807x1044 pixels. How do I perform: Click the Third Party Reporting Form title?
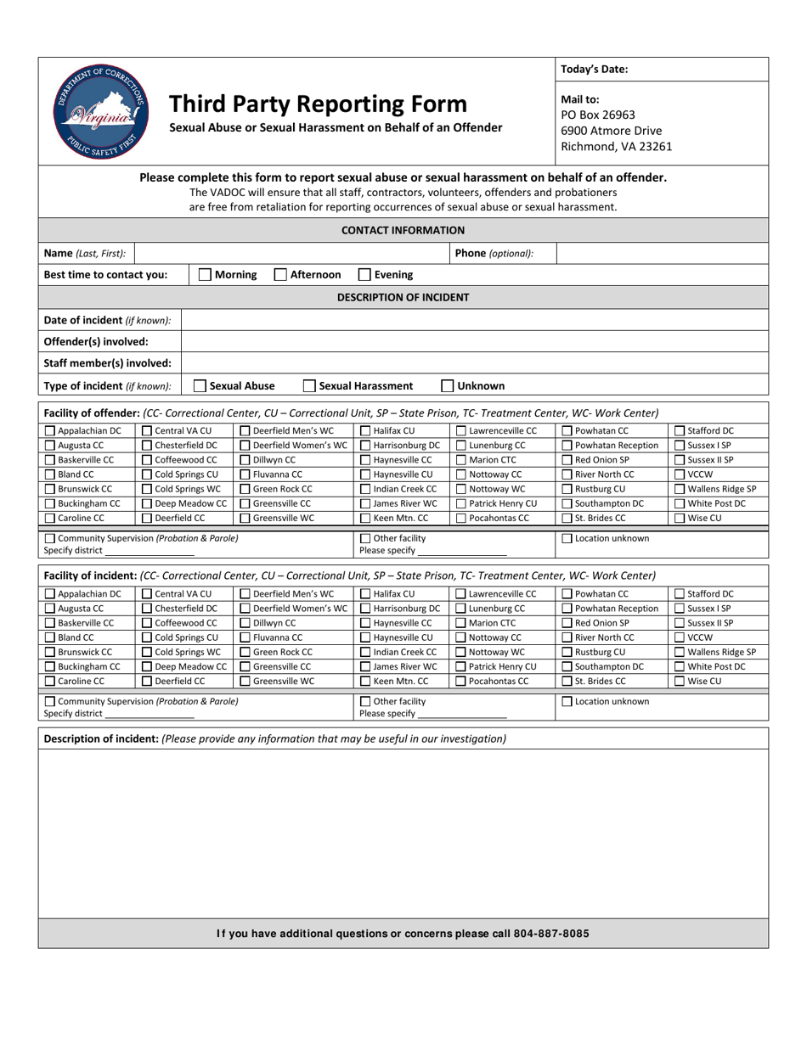(x=318, y=104)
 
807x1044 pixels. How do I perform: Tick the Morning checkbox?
(x=205, y=275)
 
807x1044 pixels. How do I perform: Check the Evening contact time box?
(x=364, y=275)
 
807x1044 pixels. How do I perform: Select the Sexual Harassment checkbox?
(x=310, y=386)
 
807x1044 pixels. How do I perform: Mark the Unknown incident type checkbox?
(x=448, y=386)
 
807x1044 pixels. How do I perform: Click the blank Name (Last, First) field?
(x=291, y=253)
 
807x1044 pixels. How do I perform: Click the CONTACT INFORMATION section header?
(x=403, y=230)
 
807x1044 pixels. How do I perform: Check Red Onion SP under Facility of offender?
(x=567, y=460)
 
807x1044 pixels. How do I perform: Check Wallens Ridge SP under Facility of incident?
(x=680, y=652)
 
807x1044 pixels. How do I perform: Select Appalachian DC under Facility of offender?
(x=49, y=431)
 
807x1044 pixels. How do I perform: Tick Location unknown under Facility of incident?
(x=567, y=702)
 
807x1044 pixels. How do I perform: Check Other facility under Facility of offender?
(x=366, y=539)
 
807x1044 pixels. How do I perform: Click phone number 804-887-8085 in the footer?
(x=549, y=934)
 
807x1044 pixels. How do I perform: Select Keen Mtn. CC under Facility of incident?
(x=366, y=681)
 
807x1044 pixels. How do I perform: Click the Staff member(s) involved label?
(x=107, y=363)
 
